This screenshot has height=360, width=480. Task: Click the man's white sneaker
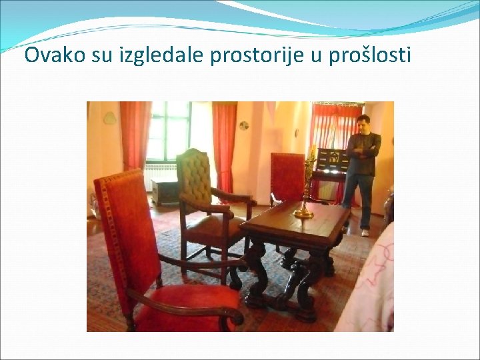tap(365, 233)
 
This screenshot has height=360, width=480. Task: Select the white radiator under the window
tap(160, 175)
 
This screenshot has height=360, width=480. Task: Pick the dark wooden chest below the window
tap(164, 192)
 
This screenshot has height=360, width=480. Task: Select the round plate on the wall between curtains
tap(244, 125)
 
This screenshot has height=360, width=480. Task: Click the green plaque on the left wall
tap(109, 118)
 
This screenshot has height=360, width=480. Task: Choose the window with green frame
tap(168, 131)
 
